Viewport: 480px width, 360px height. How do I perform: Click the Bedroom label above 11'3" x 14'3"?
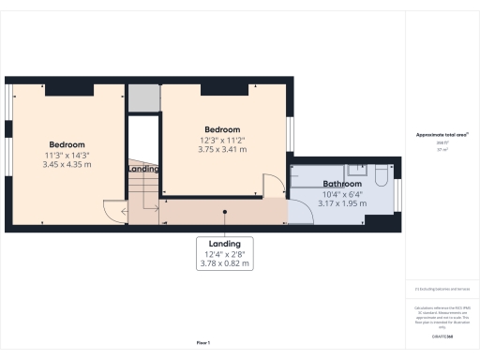point(67,144)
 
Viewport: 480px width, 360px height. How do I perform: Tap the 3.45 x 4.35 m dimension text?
point(67,165)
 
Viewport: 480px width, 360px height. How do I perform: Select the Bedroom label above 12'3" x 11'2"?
point(222,129)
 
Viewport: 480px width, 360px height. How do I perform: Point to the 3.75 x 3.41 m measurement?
point(222,149)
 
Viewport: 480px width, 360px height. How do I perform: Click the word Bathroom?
point(342,184)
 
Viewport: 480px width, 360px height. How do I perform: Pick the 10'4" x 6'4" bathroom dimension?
point(342,194)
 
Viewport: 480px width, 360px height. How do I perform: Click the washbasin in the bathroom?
point(357,171)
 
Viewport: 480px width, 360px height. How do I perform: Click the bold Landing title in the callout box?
point(224,243)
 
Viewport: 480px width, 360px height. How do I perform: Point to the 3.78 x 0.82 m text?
point(224,263)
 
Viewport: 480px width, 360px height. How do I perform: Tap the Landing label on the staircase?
point(142,169)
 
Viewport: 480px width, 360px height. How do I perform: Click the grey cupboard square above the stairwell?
point(142,97)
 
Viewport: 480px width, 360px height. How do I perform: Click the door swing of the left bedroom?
point(113,210)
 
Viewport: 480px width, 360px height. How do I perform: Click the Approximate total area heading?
point(442,136)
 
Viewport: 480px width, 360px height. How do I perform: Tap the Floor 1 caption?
point(202,343)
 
